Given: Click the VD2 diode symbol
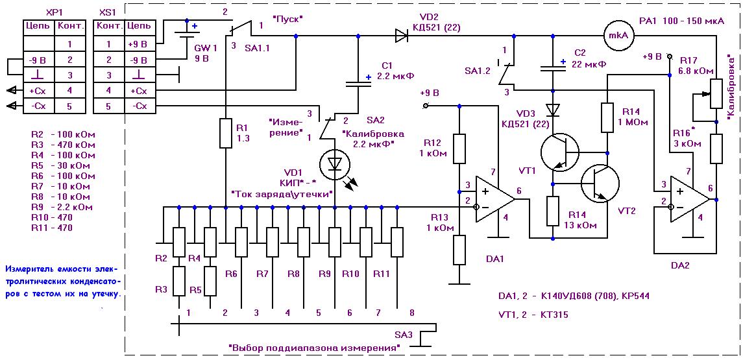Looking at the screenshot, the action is [x=401, y=35].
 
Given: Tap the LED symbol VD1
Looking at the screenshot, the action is [x=335, y=163].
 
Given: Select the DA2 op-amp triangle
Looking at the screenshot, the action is [x=689, y=200].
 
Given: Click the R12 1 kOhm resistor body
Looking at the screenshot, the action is [x=459, y=149].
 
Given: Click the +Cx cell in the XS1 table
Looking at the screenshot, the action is [x=140, y=90].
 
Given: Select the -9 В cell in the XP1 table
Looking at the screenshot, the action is [x=40, y=60].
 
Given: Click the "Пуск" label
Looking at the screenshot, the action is [x=287, y=19].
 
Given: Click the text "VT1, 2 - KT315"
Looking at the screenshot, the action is [x=539, y=314].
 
